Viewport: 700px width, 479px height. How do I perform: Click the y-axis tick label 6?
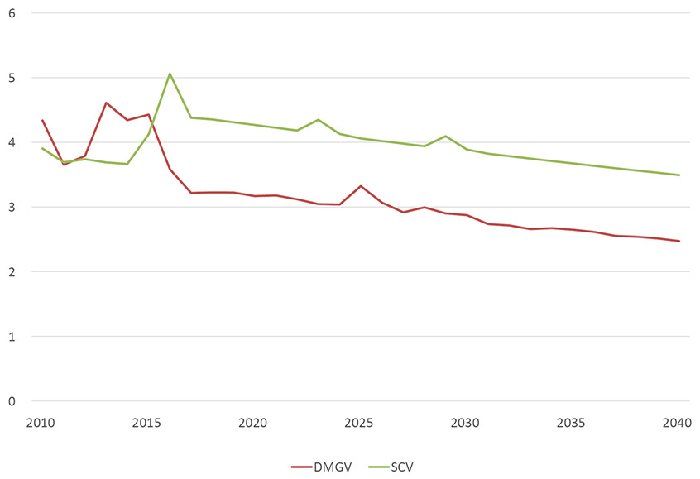click(12, 13)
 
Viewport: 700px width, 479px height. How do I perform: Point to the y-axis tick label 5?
click(12, 78)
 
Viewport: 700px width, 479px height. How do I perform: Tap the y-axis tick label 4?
click(12, 142)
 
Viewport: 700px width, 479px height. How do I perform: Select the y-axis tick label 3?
click(12, 207)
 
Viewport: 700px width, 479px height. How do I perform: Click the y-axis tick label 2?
click(12, 271)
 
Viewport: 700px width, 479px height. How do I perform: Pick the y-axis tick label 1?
click(12, 336)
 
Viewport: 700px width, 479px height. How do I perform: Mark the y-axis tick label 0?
click(12, 401)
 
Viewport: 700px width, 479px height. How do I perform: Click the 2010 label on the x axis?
click(41, 423)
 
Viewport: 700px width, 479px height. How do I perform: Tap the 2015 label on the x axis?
click(146, 423)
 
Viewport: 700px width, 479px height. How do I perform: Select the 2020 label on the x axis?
click(253, 423)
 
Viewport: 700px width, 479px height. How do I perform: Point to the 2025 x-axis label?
click(359, 423)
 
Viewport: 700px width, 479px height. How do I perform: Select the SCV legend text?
click(401, 467)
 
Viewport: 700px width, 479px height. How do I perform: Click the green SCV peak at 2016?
click(170, 74)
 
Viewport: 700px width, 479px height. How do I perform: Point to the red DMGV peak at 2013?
click(106, 103)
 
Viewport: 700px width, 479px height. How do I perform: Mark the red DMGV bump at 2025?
click(361, 186)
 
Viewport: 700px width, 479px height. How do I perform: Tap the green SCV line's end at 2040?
click(678, 175)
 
